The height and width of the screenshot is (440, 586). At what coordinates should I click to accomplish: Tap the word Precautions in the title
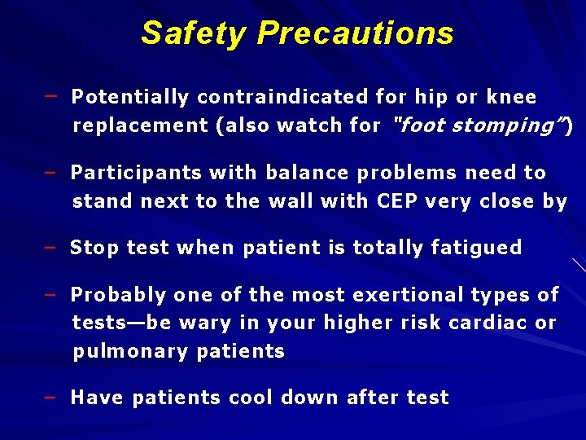click(x=355, y=33)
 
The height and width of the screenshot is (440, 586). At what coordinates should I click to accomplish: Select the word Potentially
click(x=130, y=98)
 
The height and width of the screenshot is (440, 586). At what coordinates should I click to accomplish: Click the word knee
click(x=511, y=98)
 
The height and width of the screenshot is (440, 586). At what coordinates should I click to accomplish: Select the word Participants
click(x=136, y=173)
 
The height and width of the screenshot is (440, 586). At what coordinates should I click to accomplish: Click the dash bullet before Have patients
click(x=50, y=398)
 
